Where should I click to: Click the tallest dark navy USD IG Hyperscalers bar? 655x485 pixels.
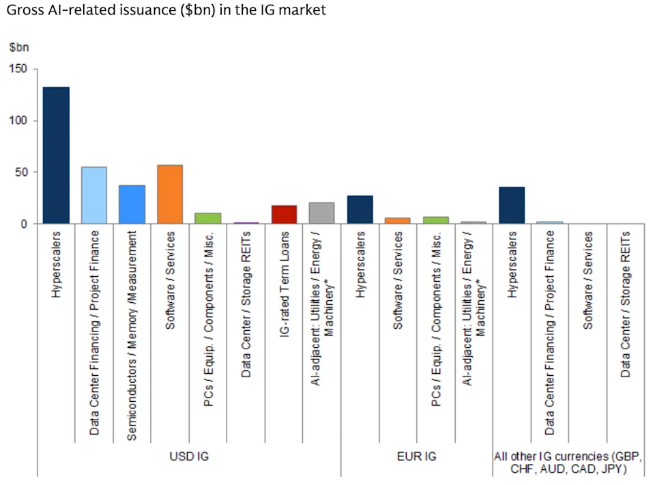pos(57,155)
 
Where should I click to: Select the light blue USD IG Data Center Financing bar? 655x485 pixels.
pos(94,195)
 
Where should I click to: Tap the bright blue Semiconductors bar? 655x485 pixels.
pos(132,204)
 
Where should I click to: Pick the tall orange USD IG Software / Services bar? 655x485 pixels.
pos(170,194)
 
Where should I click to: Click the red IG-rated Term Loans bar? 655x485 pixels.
pos(284,214)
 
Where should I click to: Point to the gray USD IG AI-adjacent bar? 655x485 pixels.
pos(321,213)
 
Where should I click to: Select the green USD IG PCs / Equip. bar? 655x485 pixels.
pos(208,218)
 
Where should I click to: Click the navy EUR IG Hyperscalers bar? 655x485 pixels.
pos(360,209)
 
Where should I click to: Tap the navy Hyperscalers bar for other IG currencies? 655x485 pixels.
pos(512,205)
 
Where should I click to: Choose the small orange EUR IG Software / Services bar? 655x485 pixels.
pos(398,220)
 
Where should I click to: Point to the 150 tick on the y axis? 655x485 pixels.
pos(18,68)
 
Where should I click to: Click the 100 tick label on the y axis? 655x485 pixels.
pos(18,120)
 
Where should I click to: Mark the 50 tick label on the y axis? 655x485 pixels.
pos(21,172)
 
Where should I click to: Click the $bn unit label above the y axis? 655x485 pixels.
pos(19,47)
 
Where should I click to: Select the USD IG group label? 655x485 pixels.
pos(189,456)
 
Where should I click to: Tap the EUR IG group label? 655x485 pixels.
pos(416,456)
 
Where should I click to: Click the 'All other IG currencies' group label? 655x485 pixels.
pos(568,462)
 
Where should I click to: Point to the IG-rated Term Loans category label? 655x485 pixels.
pos(284,284)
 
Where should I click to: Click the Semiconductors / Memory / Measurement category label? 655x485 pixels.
pos(132,336)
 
